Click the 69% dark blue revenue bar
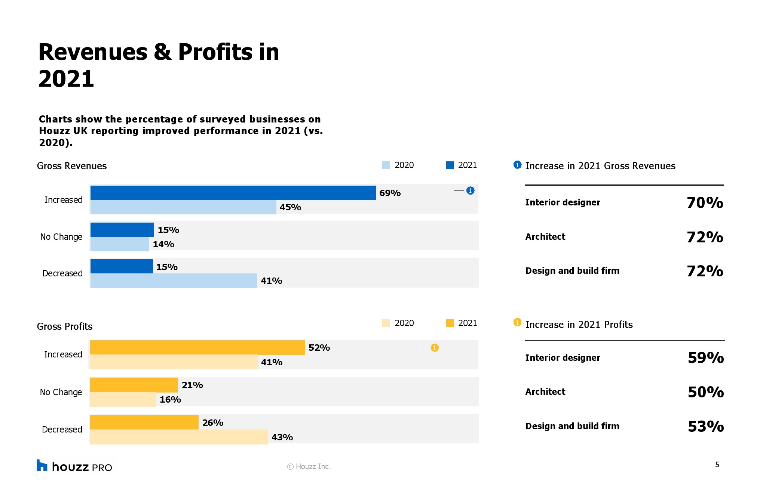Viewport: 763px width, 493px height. [x=233, y=193]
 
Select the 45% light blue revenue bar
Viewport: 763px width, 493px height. [x=183, y=207]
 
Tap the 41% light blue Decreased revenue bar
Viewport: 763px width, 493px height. [x=174, y=280]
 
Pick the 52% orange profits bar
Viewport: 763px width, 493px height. [x=197, y=347]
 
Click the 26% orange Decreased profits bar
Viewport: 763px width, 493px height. [x=144, y=422]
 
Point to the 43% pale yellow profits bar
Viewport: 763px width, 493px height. [x=179, y=437]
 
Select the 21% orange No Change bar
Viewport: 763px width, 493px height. [x=134, y=385]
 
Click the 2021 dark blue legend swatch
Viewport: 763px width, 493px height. [x=450, y=165]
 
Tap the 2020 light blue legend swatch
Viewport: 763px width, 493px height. [x=386, y=165]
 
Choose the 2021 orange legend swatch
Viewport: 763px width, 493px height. [x=450, y=323]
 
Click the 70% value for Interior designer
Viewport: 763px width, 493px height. [x=705, y=203]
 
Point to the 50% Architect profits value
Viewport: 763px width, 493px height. [x=706, y=392]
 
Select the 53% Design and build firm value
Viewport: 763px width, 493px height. [x=706, y=426]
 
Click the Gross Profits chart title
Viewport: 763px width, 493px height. [x=65, y=326]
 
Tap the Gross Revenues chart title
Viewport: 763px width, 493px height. [x=72, y=166]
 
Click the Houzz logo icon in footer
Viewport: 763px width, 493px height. [x=42, y=465]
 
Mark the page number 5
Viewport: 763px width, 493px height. [x=717, y=465]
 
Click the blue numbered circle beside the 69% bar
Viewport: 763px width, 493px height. [x=470, y=191]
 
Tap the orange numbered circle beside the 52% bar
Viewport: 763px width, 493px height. [x=434, y=348]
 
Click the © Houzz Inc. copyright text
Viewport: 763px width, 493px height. [x=309, y=466]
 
